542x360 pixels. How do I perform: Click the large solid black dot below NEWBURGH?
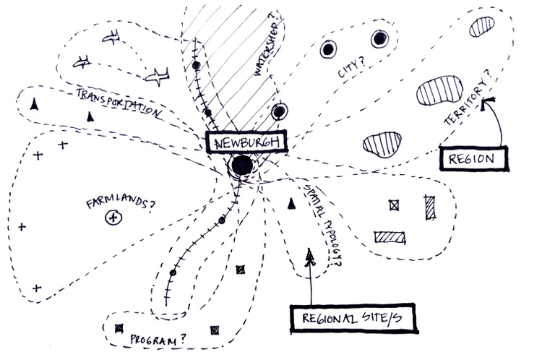[242, 166]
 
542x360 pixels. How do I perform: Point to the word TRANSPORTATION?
[119, 103]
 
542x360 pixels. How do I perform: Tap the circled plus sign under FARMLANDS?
[113, 218]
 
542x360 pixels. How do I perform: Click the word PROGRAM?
[153, 339]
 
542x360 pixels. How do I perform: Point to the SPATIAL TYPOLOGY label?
[322, 224]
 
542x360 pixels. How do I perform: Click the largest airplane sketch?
[158, 76]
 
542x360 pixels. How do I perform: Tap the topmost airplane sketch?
[111, 37]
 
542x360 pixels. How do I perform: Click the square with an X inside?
[394, 205]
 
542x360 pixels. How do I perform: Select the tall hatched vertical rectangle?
[430, 207]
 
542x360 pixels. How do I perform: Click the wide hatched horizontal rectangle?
[390, 237]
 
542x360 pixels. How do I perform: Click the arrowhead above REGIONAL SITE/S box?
[310, 257]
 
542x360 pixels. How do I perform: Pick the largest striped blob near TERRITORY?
[439, 90]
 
